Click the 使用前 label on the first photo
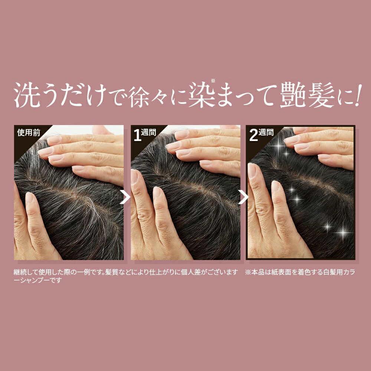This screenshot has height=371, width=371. tap(29, 133)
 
